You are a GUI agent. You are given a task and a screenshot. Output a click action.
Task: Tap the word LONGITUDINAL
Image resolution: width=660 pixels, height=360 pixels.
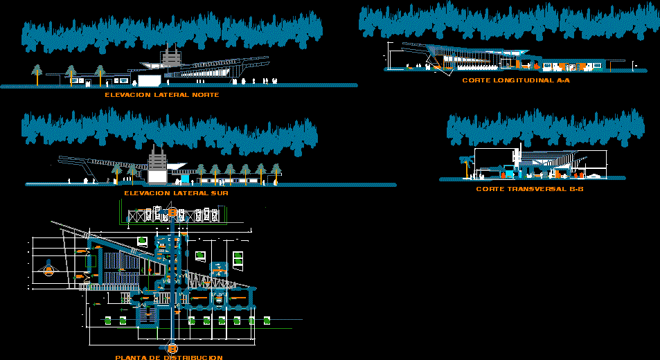pyautogui.click(x=520, y=80)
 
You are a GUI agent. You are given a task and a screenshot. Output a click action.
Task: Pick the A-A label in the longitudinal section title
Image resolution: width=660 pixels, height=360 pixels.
pyautogui.click(x=562, y=80)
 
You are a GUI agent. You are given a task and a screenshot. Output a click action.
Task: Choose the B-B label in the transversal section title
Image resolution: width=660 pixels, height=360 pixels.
pyautogui.click(x=576, y=188)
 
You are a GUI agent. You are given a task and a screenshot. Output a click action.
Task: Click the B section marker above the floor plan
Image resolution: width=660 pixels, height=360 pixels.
pyautogui.click(x=172, y=211)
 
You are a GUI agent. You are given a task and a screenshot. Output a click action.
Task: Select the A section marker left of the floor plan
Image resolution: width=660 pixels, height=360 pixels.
pyautogui.click(x=49, y=271)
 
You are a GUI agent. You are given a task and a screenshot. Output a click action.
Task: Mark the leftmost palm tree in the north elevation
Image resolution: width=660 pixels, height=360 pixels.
pyautogui.click(x=37, y=72)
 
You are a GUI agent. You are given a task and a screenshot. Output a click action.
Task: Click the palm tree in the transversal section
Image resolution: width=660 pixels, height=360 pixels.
pyautogui.click(x=465, y=164)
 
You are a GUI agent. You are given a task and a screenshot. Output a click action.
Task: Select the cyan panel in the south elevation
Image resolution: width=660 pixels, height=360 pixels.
pyautogui.click(x=184, y=177)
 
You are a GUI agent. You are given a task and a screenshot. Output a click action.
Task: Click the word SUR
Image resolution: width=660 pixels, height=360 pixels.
pyautogui.click(x=220, y=193)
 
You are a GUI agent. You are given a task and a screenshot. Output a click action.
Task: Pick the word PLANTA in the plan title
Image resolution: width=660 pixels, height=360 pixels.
pyautogui.click(x=130, y=357)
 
